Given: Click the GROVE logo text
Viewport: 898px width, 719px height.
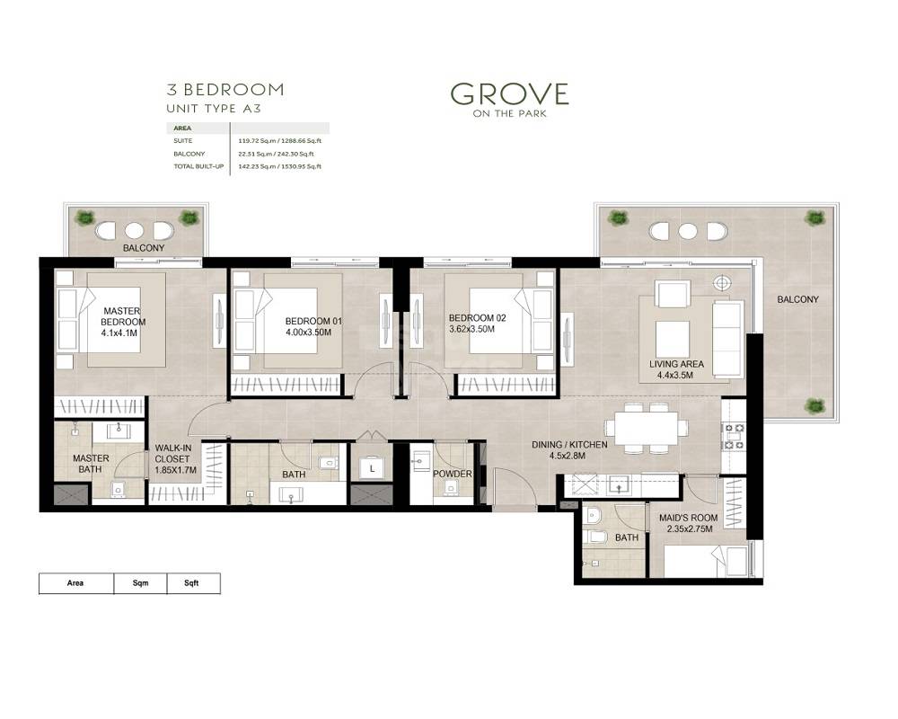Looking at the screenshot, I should click(x=509, y=93).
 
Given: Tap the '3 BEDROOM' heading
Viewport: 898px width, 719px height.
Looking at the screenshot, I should click(x=225, y=89).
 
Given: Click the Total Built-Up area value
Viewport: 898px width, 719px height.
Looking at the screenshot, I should click(x=279, y=166).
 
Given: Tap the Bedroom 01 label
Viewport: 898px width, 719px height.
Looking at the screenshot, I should click(x=313, y=321).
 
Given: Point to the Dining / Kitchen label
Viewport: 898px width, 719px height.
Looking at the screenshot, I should click(x=569, y=445).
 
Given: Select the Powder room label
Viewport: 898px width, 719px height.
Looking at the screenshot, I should click(x=452, y=474).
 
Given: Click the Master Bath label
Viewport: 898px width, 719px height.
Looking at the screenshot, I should click(x=91, y=464).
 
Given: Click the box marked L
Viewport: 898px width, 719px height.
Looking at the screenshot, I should click(x=371, y=467).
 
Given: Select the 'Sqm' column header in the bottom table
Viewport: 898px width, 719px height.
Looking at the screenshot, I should click(x=140, y=583).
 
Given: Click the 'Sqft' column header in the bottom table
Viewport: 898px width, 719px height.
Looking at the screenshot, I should click(x=191, y=583).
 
